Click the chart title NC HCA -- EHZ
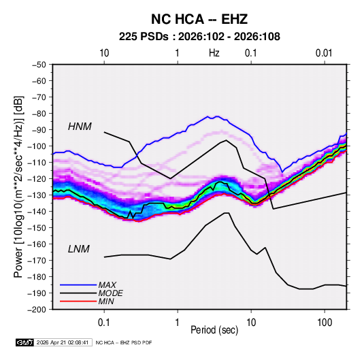pyautogui.click(x=199, y=19)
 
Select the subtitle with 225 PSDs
pyautogui.click(x=199, y=37)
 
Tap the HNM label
pyautogui.click(x=80, y=127)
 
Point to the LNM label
pyautogui.click(x=79, y=249)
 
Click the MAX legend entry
pyautogui.click(x=107, y=284)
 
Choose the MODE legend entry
pyautogui.click(x=110, y=293)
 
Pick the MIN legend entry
pyautogui.click(x=106, y=301)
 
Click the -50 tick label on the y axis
pyautogui.click(x=39, y=65)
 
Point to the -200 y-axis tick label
pyautogui.click(x=37, y=310)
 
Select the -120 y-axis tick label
pyautogui.click(x=37, y=179)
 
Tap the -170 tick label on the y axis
pyautogui.click(x=37, y=261)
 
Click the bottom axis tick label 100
pyautogui.click(x=325, y=323)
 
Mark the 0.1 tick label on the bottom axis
pyautogui.click(x=104, y=323)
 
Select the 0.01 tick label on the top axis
pyautogui.click(x=324, y=53)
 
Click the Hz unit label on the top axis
pyautogui.click(x=214, y=53)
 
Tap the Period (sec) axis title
pyautogui.click(x=214, y=330)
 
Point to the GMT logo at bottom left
pyautogui.click(x=25, y=342)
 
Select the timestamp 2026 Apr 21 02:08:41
pyautogui.click(x=63, y=342)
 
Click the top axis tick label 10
pyautogui.click(x=104, y=53)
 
